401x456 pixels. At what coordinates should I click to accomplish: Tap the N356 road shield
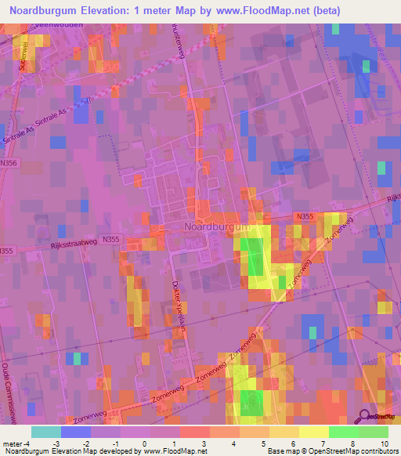point(10,163)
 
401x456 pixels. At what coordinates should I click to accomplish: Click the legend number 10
point(382,443)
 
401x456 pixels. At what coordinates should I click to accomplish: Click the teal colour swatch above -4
point(46,432)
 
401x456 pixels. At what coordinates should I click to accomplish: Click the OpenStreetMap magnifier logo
point(366,417)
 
